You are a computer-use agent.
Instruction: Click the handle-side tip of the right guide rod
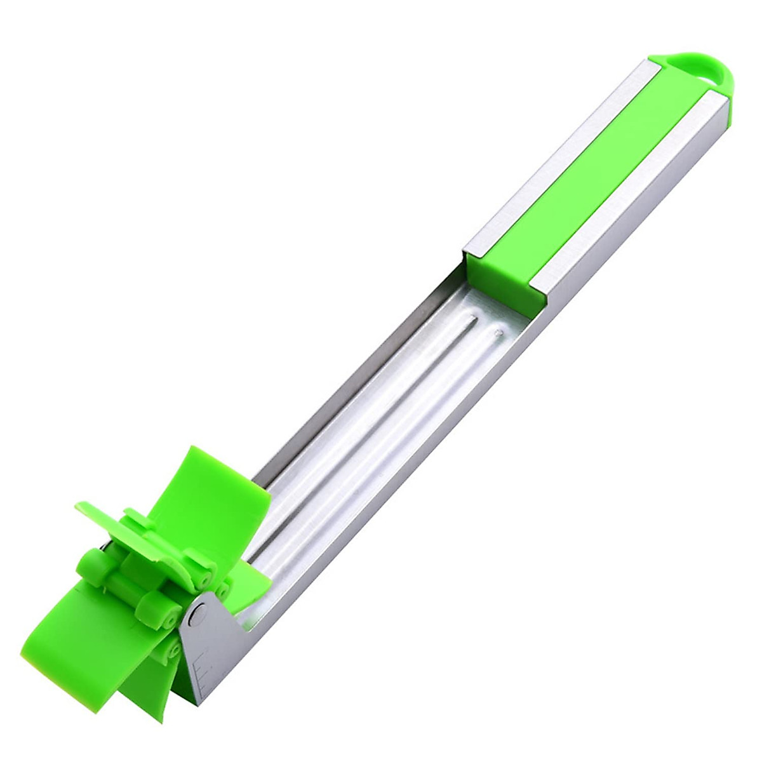500,330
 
